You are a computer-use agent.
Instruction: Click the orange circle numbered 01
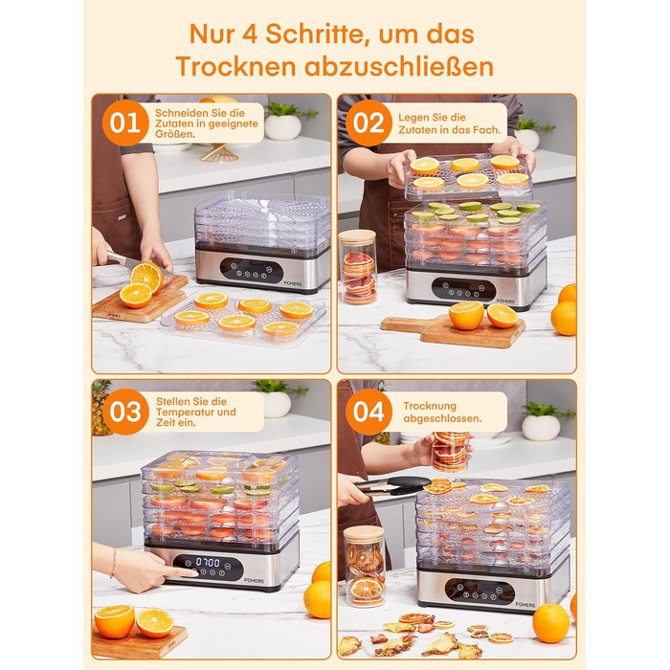125,123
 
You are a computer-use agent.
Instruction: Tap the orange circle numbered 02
368,123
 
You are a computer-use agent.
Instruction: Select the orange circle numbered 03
125,412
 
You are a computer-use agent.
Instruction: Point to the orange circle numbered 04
368,412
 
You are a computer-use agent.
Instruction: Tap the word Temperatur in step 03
186,412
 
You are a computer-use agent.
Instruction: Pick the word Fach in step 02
488,129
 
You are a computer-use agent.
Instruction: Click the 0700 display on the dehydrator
208,563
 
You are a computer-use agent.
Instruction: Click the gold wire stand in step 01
219,152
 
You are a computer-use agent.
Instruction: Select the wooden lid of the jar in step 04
365,534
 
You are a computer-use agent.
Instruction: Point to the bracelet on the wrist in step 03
114,563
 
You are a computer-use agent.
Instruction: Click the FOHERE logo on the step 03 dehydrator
255,580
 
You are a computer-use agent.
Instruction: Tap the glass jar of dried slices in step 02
358,267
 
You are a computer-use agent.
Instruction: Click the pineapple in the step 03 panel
101,408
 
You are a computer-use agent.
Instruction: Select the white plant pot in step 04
541,427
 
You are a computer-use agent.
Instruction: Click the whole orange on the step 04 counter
550,623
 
